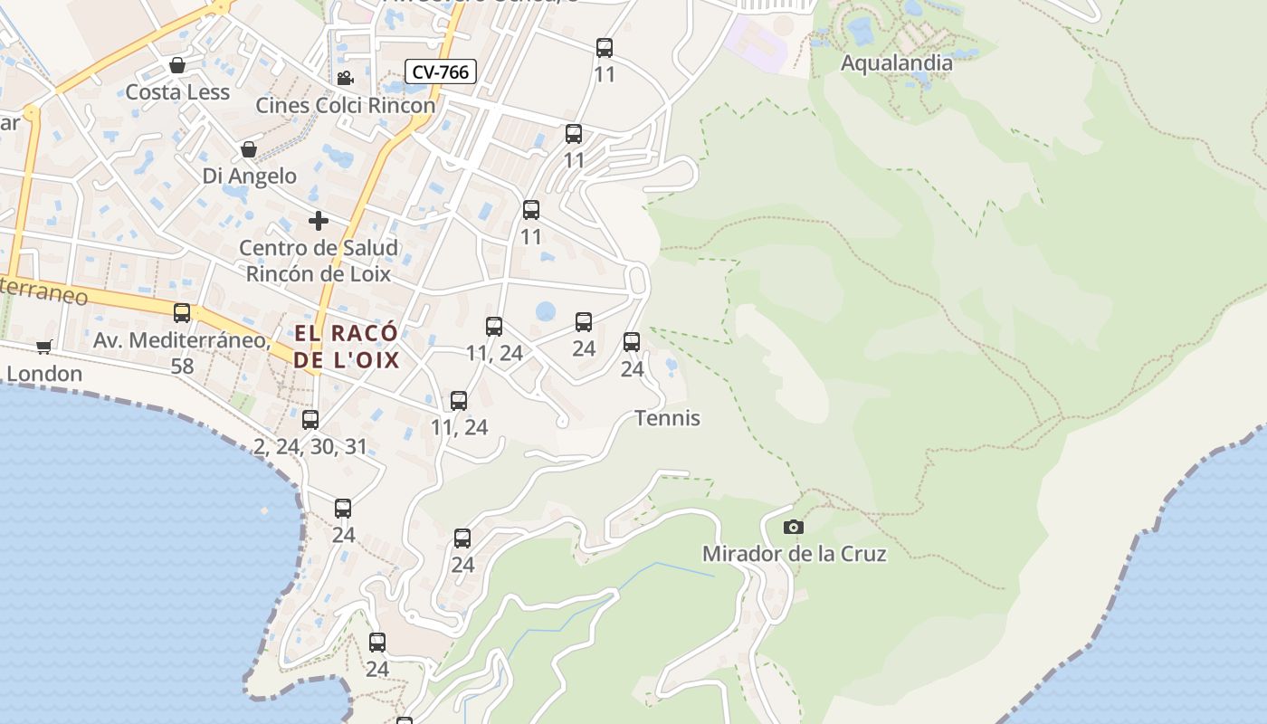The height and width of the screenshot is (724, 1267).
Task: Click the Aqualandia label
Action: tap(896, 63)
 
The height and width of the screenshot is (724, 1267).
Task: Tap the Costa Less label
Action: tap(177, 92)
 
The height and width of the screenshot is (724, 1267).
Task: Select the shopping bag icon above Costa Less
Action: tap(177, 65)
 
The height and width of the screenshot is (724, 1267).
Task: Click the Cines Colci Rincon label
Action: tap(345, 105)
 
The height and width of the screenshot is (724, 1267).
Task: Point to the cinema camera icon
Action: tap(345, 79)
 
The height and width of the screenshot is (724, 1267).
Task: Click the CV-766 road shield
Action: tap(441, 72)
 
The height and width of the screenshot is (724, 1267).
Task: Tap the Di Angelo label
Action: tap(249, 176)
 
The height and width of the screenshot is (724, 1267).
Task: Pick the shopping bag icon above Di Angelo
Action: tap(249, 149)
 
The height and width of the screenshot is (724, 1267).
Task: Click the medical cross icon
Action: tap(318, 221)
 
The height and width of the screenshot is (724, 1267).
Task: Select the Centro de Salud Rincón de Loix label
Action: tap(319, 261)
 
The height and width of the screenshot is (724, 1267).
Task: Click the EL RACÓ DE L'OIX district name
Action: tap(347, 346)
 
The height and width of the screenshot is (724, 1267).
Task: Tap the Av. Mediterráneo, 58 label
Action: tap(182, 352)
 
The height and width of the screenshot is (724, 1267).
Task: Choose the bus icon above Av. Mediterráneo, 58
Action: tap(182, 313)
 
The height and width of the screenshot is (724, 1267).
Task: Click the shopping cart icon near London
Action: tap(43, 347)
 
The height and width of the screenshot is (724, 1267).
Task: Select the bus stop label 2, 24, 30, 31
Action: tap(310, 446)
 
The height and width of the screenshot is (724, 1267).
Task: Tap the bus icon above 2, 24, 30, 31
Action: tap(310, 420)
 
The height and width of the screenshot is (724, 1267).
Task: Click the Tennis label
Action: tap(668, 418)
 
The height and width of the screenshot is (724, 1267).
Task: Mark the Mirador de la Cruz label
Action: tap(794, 554)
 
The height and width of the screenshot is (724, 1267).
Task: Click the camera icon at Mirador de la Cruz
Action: tap(793, 527)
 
